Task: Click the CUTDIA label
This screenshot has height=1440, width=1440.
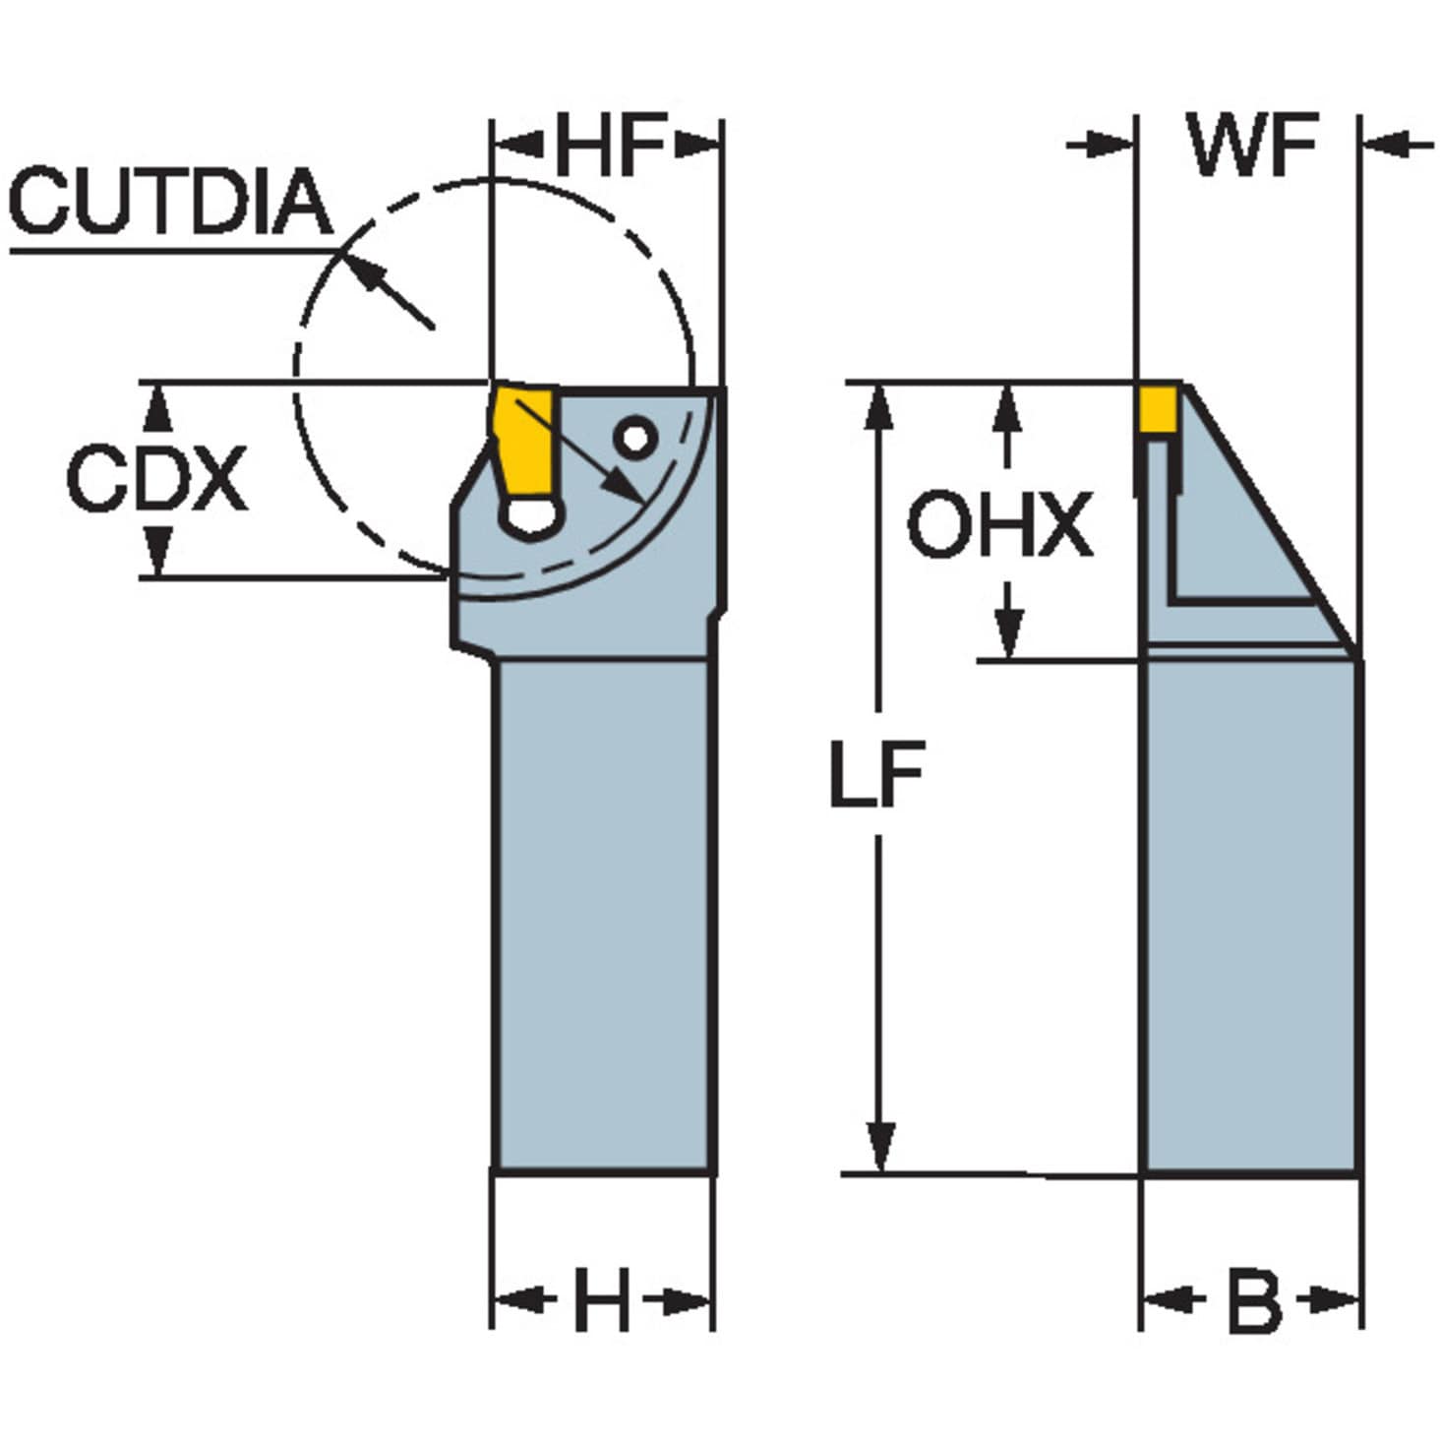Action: coord(171,201)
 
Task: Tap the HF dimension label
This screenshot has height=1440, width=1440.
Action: coord(610,145)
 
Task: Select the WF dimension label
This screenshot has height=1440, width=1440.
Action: coord(1255,145)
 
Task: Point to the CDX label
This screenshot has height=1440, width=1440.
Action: coord(157,478)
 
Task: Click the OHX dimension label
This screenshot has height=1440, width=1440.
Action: coord(1000,524)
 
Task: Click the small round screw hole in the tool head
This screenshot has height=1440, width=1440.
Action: coord(635,440)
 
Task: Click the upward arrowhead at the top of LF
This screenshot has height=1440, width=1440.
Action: coord(878,407)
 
